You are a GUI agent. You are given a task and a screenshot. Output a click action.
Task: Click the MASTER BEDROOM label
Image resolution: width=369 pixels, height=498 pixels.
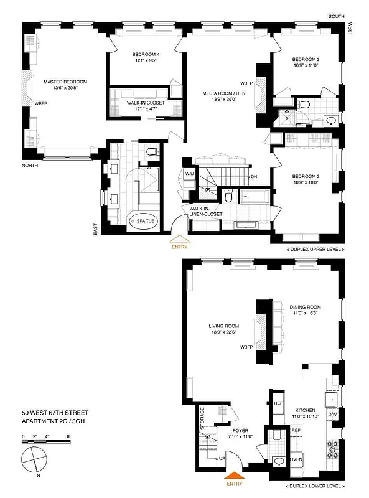pyautogui.click(x=65, y=82)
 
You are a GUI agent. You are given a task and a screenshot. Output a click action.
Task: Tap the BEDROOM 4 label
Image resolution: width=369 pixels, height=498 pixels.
pyautogui.click(x=147, y=55)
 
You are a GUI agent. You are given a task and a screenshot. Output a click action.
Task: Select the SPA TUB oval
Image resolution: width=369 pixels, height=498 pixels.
pyautogui.click(x=142, y=220)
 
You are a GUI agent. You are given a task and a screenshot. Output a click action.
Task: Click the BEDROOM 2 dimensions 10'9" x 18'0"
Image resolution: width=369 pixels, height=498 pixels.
pyautogui.click(x=305, y=182)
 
